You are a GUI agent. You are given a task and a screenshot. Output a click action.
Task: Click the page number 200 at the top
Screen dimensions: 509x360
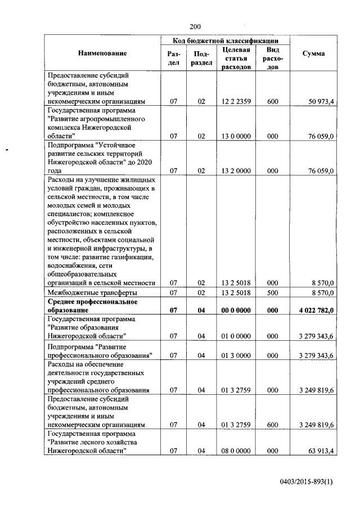(x=195, y=26)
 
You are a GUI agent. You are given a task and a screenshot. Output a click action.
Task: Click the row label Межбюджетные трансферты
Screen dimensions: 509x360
(x=92, y=292)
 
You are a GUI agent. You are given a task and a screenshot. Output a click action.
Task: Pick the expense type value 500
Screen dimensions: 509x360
(x=273, y=292)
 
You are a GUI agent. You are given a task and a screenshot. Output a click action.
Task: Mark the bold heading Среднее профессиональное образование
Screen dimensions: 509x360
(x=93, y=305)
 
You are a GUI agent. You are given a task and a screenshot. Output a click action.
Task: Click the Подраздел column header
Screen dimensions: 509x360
(x=201, y=58)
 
